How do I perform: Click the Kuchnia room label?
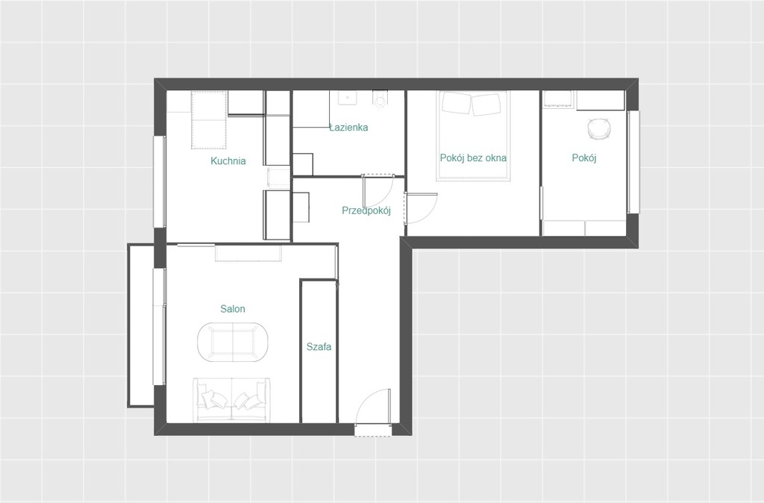pyautogui.click(x=228, y=161)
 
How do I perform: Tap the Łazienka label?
pyautogui.click(x=348, y=127)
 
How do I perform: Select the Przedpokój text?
pyautogui.click(x=366, y=210)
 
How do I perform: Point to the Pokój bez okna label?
pyautogui.click(x=473, y=158)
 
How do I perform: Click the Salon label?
pyautogui.click(x=233, y=308)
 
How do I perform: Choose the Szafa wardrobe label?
pyautogui.click(x=319, y=346)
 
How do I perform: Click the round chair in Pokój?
pyautogui.click(x=599, y=128)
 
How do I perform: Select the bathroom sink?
pyautogui.click(x=347, y=98)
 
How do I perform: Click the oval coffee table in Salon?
pyautogui.click(x=233, y=342)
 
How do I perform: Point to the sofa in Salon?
pyautogui.click(x=231, y=400)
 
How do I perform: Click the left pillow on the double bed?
pyautogui.click(x=456, y=103)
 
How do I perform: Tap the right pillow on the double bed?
pyautogui.click(x=486, y=104)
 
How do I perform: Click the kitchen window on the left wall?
pyautogui.click(x=160, y=181)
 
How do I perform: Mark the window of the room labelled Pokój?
pyautogui.click(x=633, y=162)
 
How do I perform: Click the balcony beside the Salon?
pyautogui.click(x=141, y=325)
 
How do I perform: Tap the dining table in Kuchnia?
pyautogui.click(x=210, y=120)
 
